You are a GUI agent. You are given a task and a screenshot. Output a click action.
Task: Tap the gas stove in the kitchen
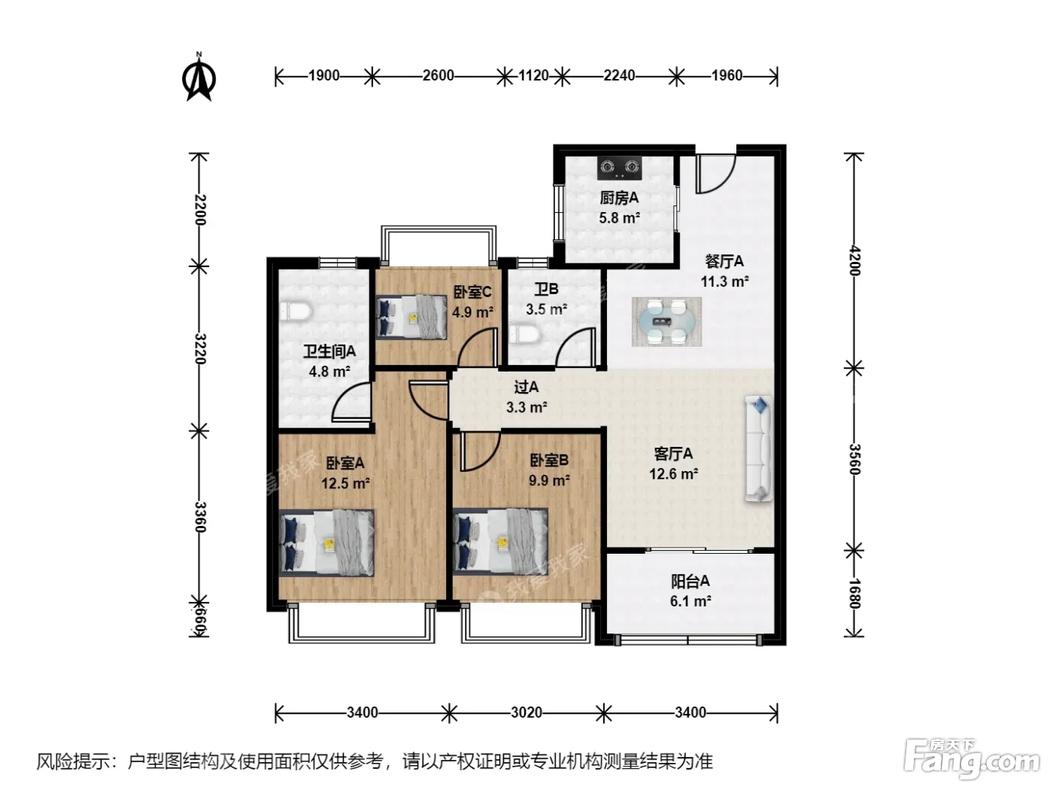[x=619, y=167]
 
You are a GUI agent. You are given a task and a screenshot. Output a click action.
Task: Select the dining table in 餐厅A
[x=666, y=321]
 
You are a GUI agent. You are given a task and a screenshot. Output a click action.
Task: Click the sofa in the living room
[x=758, y=448]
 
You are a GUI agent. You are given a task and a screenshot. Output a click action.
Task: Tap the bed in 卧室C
[x=411, y=317]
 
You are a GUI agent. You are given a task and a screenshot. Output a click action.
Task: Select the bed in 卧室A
[x=326, y=542]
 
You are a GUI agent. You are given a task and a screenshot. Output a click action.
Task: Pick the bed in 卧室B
[x=500, y=542]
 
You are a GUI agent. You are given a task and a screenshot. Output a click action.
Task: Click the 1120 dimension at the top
[x=533, y=76]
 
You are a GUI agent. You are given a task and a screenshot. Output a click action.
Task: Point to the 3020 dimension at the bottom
[x=526, y=713]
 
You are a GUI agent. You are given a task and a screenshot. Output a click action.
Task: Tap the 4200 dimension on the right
[x=854, y=260]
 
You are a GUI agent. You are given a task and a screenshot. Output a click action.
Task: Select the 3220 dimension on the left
[x=201, y=348]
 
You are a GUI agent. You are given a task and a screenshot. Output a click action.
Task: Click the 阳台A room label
[x=690, y=582]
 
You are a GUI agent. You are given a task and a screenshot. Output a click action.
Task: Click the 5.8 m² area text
[x=619, y=218]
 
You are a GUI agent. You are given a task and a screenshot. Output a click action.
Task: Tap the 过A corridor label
[x=526, y=387]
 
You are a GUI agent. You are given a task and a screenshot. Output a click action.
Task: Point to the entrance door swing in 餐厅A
[x=716, y=174]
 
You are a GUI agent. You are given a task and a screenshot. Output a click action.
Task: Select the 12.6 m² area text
[x=673, y=474]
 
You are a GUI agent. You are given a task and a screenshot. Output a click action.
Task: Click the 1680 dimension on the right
[x=854, y=594]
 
